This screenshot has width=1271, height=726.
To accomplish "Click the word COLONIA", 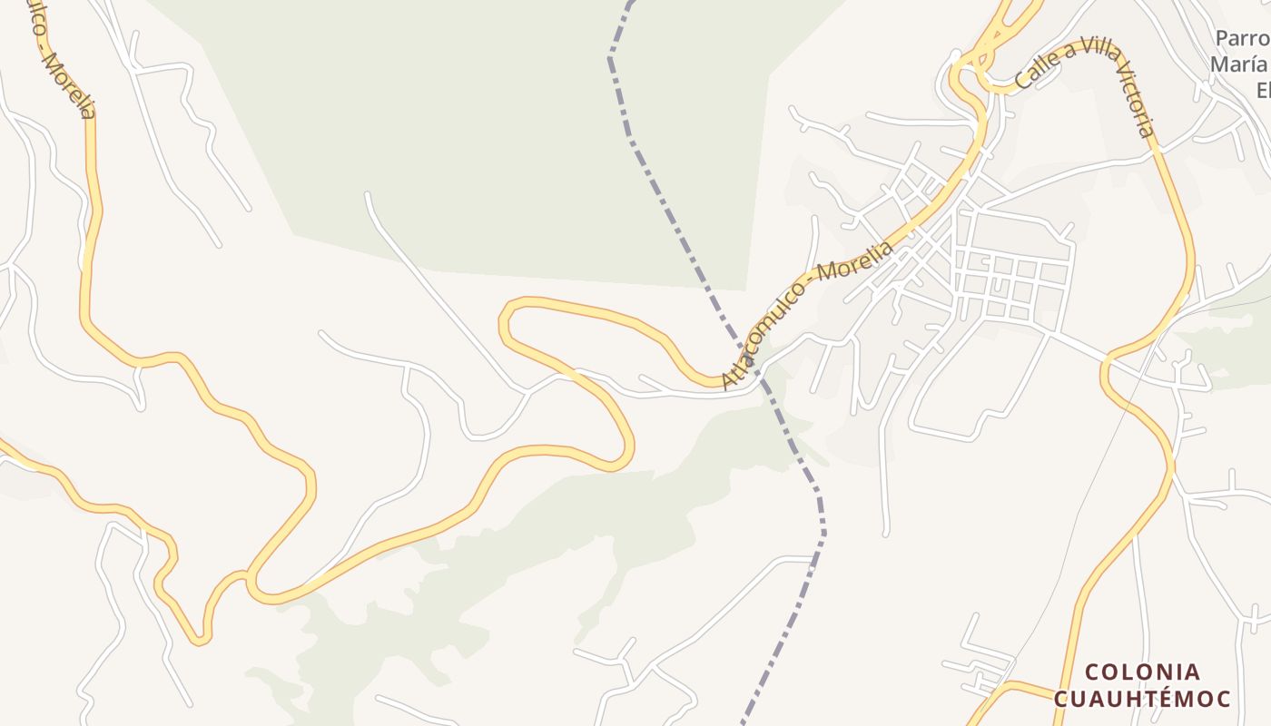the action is [x=1142, y=672].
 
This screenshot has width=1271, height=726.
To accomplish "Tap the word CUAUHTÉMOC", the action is [x=1142, y=699].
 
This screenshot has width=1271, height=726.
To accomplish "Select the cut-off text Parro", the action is [x=1242, y=39].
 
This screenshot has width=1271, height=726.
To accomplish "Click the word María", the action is [x=1240, y=64].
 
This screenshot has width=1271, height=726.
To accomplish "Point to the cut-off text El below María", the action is [x=1261, y=90].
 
